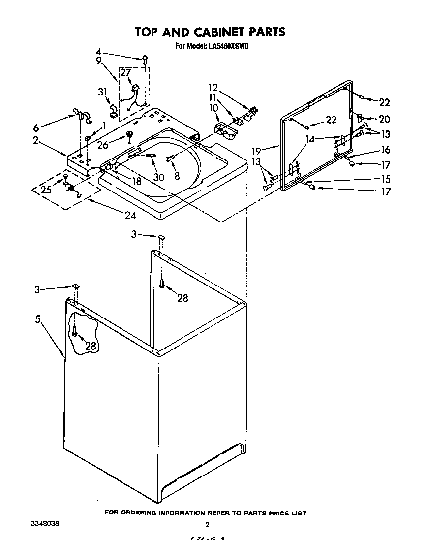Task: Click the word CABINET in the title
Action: click(x=216, y=32)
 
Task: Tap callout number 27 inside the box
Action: click(x=126, y=73)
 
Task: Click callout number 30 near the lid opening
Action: click(x=158, y=178)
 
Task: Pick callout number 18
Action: click(x=136, y=181)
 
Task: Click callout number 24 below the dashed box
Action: click(x=130, y=215)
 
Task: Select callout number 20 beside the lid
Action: click(x=384, y=119)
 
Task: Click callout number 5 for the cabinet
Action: click(x=38, y=319)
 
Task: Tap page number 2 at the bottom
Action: click(x=207, y=525)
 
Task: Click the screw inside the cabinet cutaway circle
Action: click(x=75, y=332)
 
